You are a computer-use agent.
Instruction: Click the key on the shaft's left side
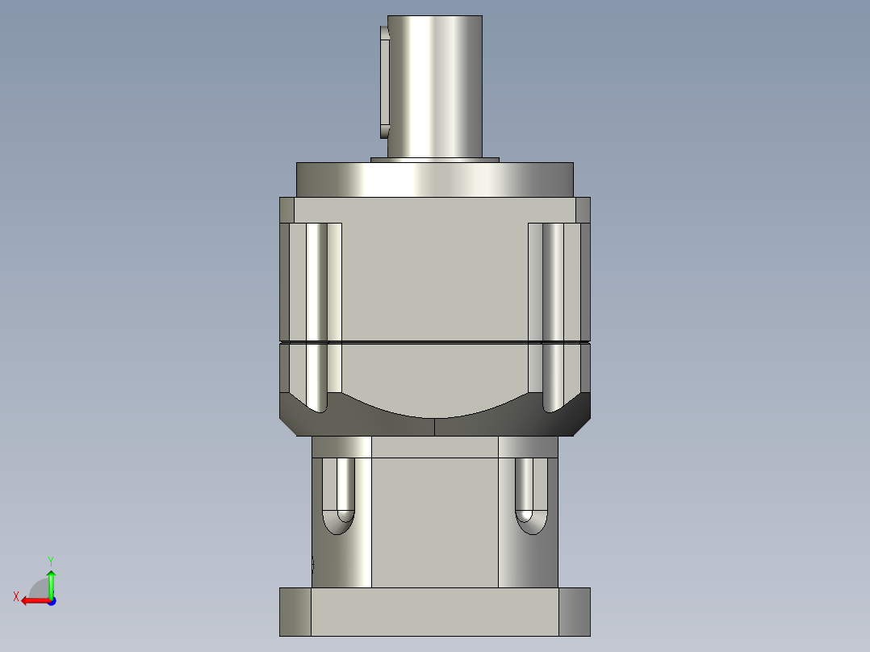(383, 81)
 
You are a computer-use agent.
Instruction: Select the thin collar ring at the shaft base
(434, 160)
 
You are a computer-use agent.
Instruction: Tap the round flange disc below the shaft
(434, 179)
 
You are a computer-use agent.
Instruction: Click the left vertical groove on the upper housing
(316, 282)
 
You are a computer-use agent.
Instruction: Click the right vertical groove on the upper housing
(553, 282)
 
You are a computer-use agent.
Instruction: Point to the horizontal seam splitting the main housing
(434, 343)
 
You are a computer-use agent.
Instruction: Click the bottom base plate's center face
(434, 612)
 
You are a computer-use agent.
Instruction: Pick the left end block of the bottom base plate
(295, 612)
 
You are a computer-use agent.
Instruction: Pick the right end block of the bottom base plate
(575, 612)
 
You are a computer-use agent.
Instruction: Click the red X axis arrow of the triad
(31, 600)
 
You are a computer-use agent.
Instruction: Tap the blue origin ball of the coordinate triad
(51, 600)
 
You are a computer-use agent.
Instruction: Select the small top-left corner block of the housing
(287, 210)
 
